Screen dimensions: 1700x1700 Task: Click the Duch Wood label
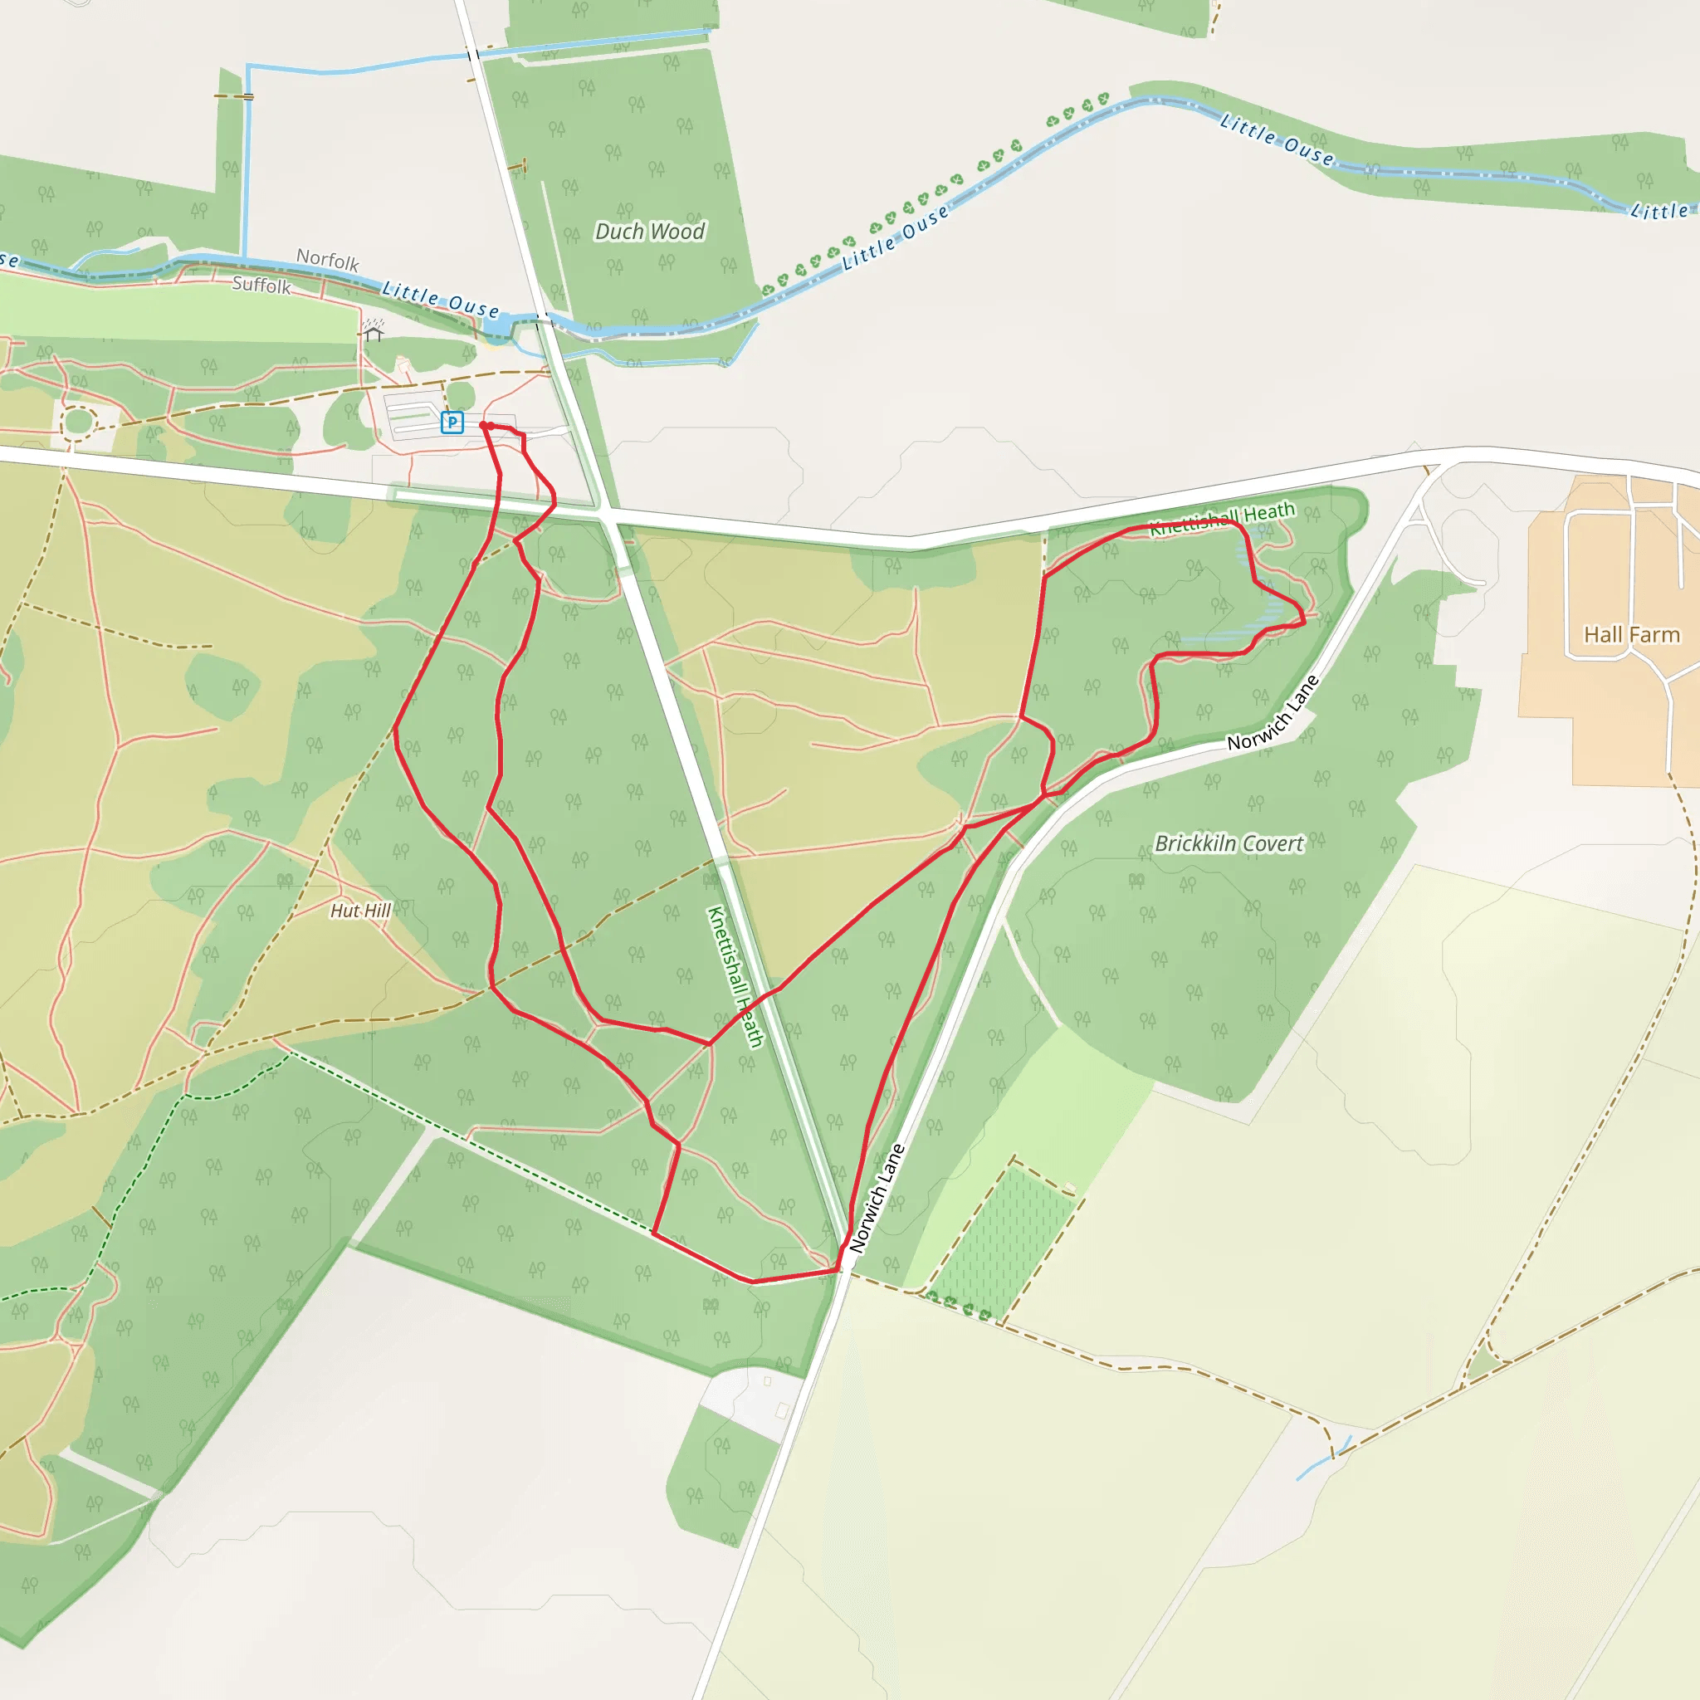tap(649, 232)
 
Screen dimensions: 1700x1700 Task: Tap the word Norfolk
tap(327, 260)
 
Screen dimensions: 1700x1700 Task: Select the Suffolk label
tap(261, 285)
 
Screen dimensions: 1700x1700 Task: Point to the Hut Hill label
tap(360, 911)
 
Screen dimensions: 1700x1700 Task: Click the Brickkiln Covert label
tap(1229, 844)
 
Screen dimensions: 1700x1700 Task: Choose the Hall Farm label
tap(1631, 634)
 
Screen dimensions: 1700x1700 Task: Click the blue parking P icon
tap(452, 423)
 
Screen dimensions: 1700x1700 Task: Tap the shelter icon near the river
tap(373, 331)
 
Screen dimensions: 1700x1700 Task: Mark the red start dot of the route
tap(483, 426)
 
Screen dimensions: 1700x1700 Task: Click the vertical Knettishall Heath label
tap(735, 976)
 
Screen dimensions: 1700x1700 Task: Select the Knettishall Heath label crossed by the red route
tap(1223, 519)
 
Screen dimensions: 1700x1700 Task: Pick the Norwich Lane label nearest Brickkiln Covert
tap(1273, 713)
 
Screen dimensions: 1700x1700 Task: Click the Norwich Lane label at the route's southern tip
tap(877, 1198)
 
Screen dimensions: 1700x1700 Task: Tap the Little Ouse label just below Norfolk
tap(440, 300)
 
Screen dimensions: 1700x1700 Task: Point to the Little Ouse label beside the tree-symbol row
tap(896, 236)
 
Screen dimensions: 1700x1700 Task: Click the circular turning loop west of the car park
tap(77, 422)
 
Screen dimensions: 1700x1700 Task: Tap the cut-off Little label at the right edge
tap(1660, 211)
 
